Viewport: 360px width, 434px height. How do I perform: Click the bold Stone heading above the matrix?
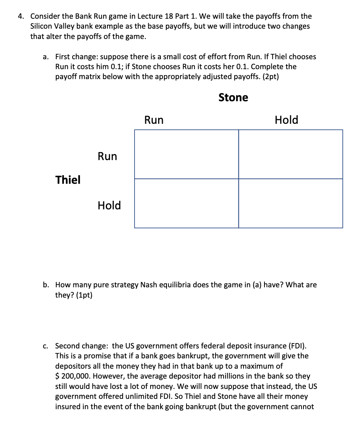(233, 97)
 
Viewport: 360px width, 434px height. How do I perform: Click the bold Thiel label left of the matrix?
(68, 180)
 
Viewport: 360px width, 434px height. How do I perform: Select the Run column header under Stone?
(154, 120)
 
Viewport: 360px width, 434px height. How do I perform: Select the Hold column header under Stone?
(286, 120)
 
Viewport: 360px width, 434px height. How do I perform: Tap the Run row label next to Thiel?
(107, 156)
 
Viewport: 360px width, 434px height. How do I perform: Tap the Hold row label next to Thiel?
(109, 205)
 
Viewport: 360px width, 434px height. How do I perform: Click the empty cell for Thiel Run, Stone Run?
(186, 154)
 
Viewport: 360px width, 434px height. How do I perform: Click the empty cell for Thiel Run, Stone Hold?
(290, 154)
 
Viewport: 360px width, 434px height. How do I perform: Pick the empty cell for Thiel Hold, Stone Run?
(186, 203)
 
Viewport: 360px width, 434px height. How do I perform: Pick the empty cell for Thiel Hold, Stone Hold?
(290, 203)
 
